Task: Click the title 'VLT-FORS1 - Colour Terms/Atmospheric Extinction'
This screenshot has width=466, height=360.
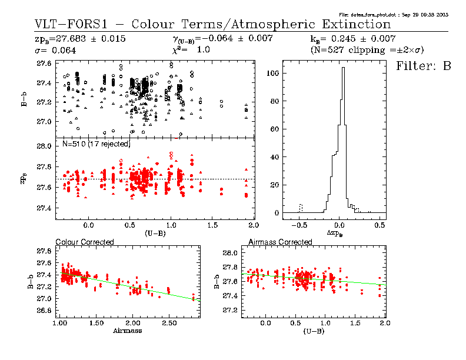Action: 212,24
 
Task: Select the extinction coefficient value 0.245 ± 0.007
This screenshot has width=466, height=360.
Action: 377,39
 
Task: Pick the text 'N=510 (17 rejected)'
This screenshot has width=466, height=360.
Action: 96,144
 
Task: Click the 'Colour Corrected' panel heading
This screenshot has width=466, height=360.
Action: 84,242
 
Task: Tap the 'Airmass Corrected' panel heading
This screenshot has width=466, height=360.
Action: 280,242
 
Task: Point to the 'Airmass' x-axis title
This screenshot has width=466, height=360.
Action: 127,331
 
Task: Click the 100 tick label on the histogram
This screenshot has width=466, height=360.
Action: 271,74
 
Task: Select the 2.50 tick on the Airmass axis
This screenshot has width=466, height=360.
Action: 170,323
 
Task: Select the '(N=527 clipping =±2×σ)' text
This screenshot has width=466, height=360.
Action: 367,51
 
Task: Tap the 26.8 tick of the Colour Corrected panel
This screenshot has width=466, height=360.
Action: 45,311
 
